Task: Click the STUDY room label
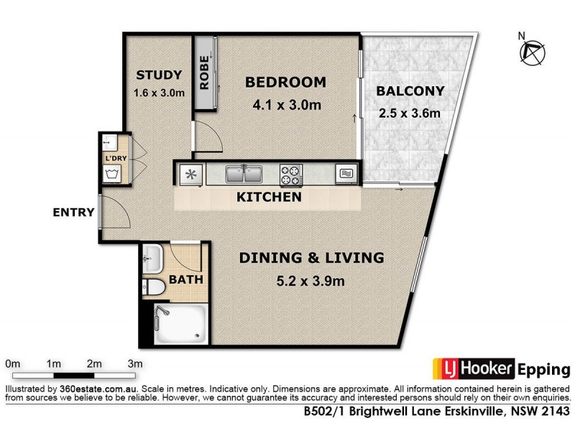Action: pos(159,75)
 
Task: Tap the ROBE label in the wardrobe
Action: pos(204,73)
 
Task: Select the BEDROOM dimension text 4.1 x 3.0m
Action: pos(286,105)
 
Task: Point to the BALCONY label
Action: pos(410,91)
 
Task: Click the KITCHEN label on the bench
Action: pos(270,197)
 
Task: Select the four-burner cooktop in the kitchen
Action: pos(291,175)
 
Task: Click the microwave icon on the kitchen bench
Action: pos(346,175)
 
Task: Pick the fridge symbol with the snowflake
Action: pos(190,175)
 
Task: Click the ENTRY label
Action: pos(73,212)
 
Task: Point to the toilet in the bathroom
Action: pos(155,288)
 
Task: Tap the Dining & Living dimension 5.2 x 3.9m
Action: pos(311,280)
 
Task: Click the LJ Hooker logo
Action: pos(473,369)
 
